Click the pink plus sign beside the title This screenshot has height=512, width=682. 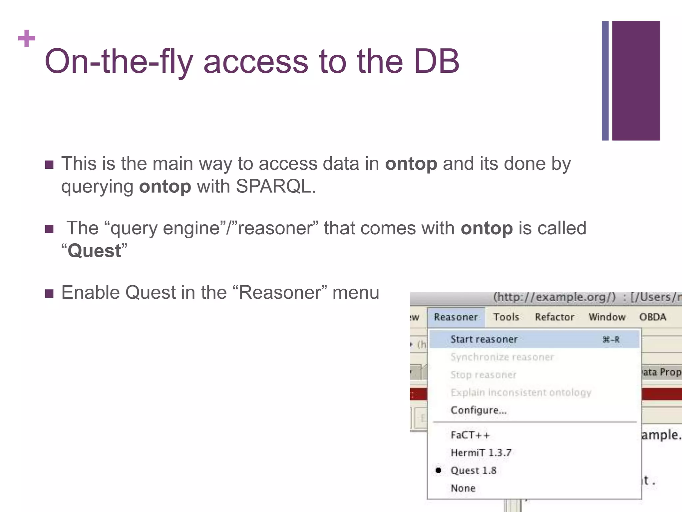click(27, 38)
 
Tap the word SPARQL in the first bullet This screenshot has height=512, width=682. click(274, 186)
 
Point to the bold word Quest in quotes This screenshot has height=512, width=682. click(94, 251)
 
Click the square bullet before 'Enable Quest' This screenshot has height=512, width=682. click(49, 293)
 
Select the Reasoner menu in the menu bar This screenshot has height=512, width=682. click(456, 317)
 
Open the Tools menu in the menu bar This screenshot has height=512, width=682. click(506, 317)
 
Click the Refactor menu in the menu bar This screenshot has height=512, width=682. click(554, 317)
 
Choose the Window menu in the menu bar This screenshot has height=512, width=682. click(607, 317)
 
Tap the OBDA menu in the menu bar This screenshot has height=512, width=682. click(652, 317)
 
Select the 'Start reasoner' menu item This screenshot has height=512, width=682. click(484, 339)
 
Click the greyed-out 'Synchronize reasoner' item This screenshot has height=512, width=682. click(502, 357)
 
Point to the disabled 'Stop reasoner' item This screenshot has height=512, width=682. click(483, 375)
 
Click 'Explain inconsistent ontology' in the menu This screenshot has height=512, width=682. click(521, 392)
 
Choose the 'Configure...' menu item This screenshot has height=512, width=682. click(478, 410)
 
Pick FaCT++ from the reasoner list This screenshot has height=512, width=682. click(470, 435)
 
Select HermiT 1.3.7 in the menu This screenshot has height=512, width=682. click(481, 453)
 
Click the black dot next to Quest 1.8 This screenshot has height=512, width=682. click(439, 470)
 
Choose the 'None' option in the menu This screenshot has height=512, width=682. click(463, 488)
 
